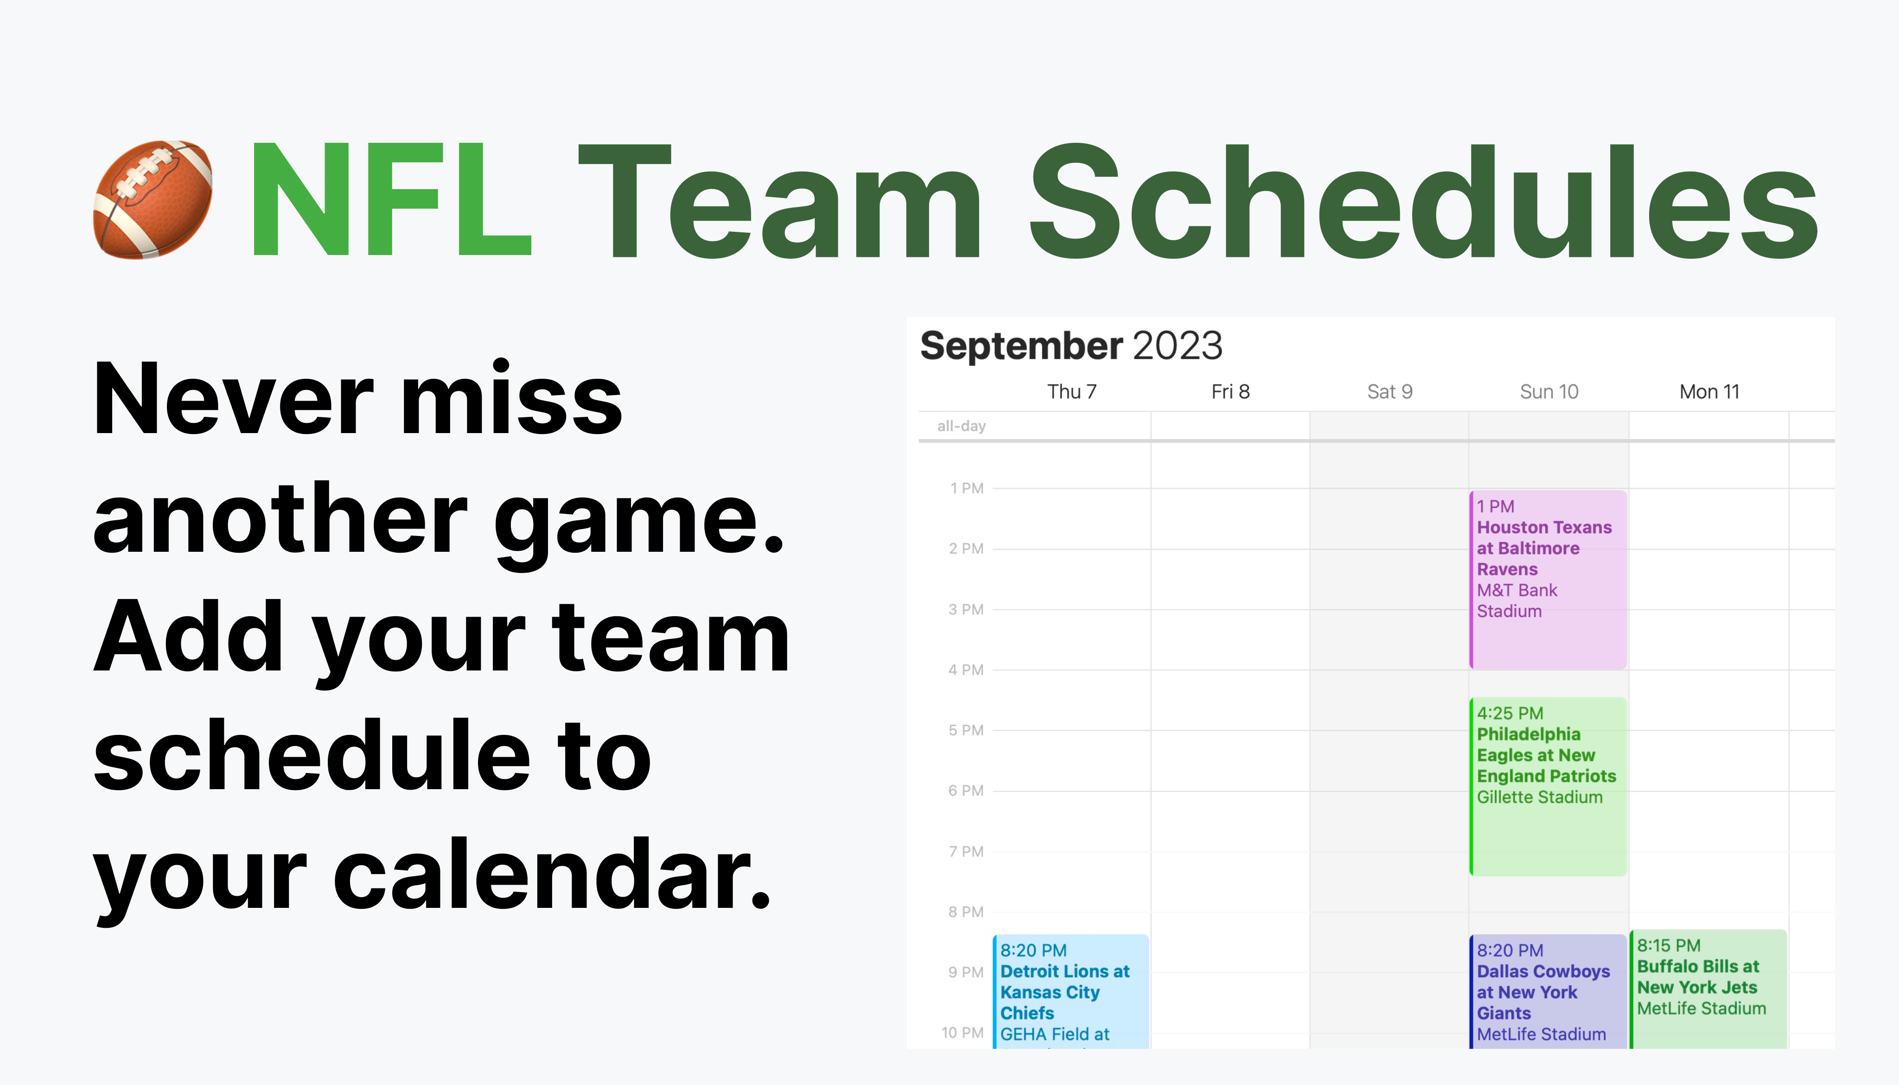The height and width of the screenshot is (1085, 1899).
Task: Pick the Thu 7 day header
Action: click(1071, 391)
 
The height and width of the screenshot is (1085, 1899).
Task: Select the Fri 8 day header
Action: click(1230, 391)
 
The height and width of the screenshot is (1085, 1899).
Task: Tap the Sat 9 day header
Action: click(1389, 391)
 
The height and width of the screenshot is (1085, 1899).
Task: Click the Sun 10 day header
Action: click(1549, 391)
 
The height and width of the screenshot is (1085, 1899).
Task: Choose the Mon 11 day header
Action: click(1709, 391)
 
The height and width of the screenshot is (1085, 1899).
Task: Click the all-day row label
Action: click(961, 426)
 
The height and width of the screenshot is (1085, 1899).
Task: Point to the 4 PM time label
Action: click(966, 670)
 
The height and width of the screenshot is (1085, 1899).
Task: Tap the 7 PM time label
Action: click(966, 851)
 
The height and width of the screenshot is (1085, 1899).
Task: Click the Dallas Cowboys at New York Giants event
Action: click(1548, 991)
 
